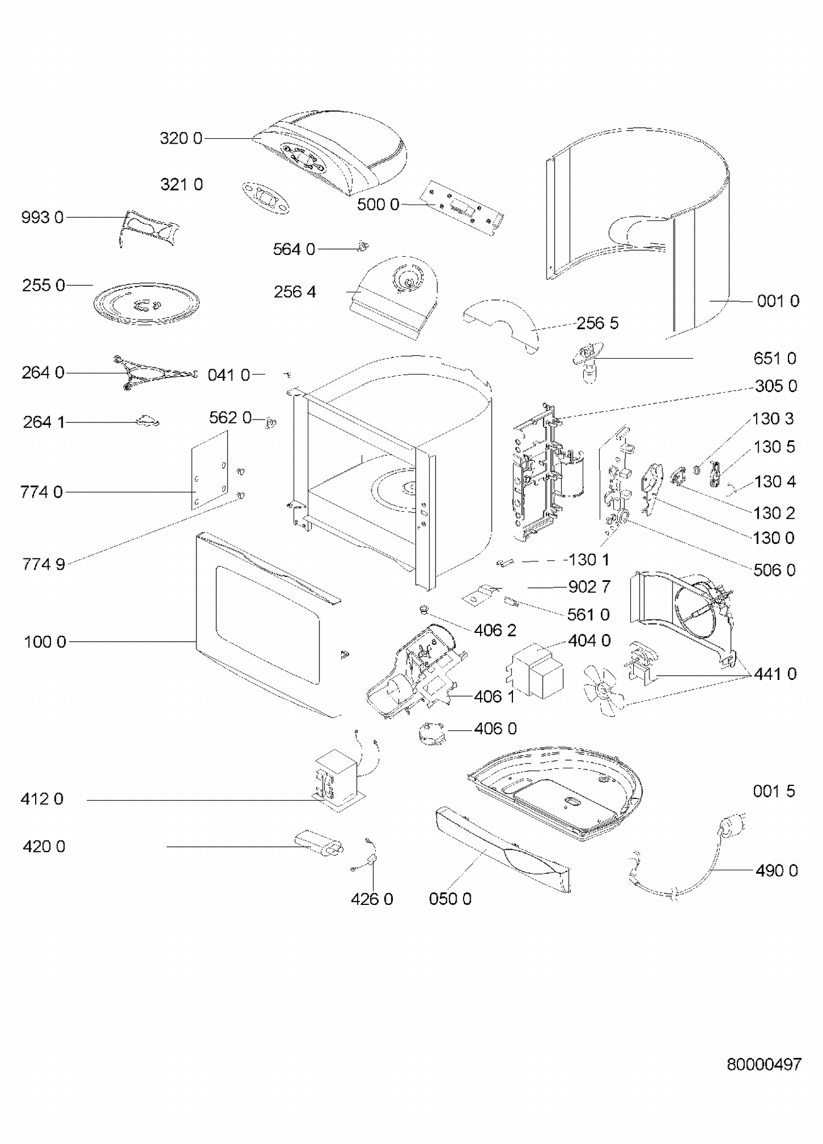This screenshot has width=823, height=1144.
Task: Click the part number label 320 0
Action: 181,138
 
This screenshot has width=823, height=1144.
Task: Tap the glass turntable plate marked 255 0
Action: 146,303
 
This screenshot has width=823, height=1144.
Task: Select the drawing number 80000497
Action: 764,1064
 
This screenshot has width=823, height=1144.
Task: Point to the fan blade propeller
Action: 603,689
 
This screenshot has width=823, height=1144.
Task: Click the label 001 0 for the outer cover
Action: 777,301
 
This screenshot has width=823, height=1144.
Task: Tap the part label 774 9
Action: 44,564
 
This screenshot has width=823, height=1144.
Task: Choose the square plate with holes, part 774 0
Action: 210,469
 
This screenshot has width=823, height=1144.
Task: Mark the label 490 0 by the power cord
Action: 776,870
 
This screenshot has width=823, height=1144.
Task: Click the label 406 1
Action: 494,696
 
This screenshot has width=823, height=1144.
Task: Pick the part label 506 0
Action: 774,570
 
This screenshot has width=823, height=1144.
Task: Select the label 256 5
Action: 597,323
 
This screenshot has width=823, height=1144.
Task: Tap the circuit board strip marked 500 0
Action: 461,207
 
